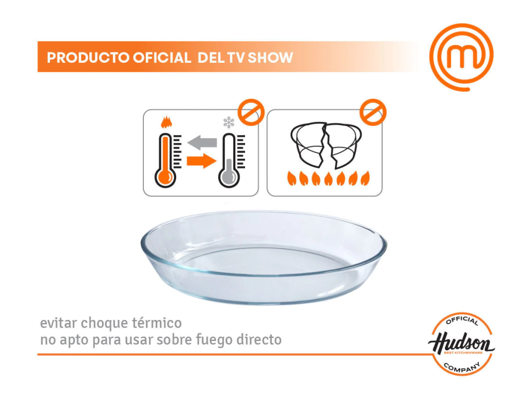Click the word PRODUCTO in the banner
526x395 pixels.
click(88, 58)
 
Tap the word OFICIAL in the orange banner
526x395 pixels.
click(162, 58)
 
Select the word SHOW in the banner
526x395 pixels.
click(270, 58)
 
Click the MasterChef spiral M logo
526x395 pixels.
click(462, 57)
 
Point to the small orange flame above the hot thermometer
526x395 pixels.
click(166, 122)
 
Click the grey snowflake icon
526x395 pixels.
click(229, 122)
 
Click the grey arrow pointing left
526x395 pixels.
click(202, 142)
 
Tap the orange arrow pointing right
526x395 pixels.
click(201, 161)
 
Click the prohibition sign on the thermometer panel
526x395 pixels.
click(251, 112)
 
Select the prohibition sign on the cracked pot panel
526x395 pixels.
click(373, 112)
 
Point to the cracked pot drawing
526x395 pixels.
click(326, 145)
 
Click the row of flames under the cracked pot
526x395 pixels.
click(328, 178)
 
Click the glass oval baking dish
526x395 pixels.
click(264, 258)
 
